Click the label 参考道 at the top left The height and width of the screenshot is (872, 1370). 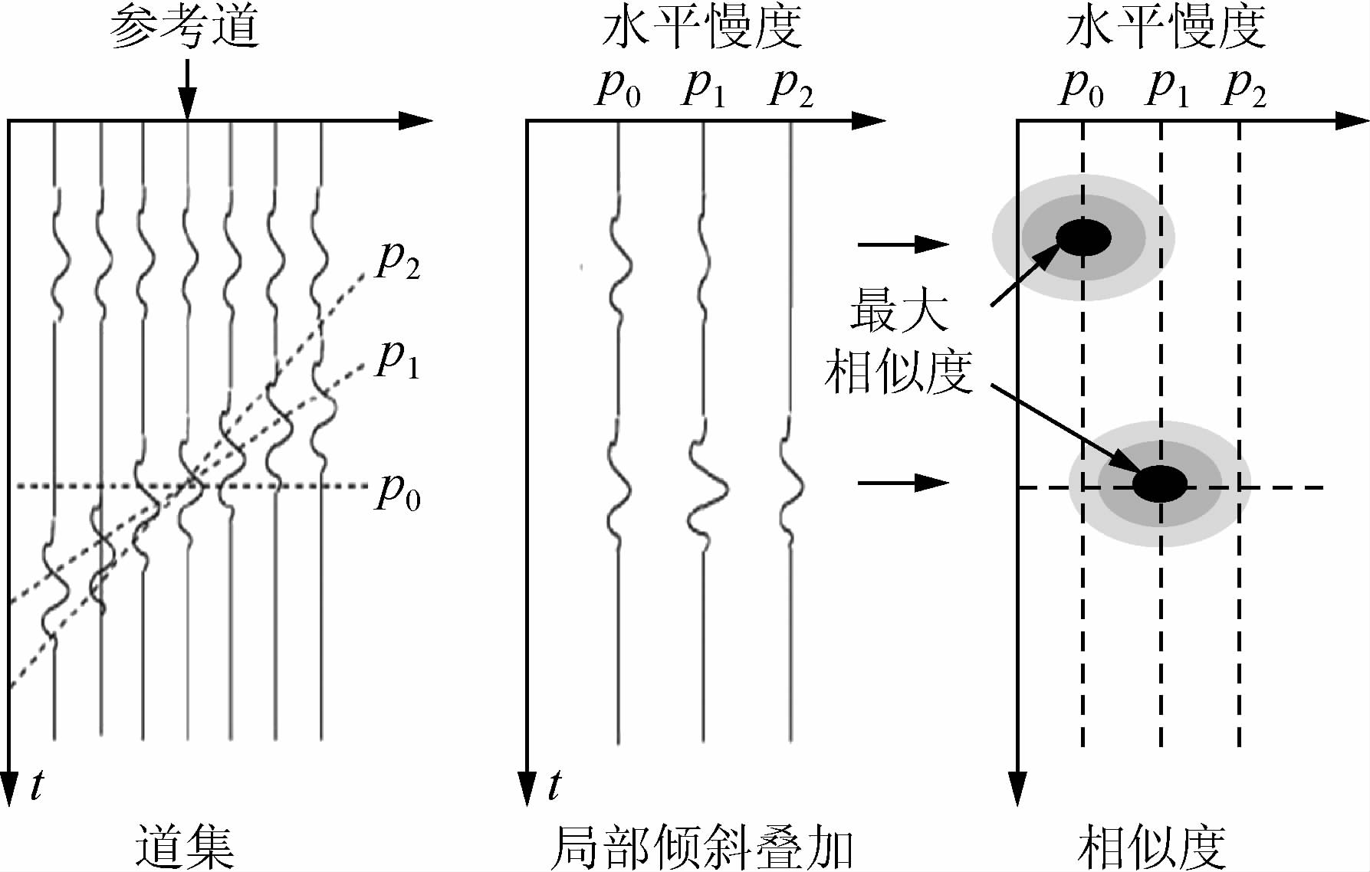(185, 29)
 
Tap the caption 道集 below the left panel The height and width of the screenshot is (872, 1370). (185, 846)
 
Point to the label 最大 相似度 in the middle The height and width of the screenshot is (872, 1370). (899, 340)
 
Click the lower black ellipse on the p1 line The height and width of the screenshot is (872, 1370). (1161, 483)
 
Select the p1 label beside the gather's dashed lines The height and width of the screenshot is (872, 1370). (398, 359)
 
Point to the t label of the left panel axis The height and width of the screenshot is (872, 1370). (36, 785)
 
